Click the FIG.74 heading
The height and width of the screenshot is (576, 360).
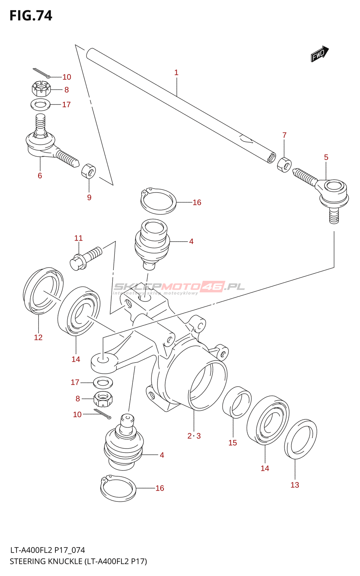coord(31,15)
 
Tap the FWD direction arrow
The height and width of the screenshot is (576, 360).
coord(320,54)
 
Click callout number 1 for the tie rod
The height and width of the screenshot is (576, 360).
coord(176,72)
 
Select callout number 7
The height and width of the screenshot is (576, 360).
coord(284,135)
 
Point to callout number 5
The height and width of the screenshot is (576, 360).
coord(326,157)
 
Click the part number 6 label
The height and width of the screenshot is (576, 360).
coord(40,176)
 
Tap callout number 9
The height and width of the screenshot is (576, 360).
coord(89,197)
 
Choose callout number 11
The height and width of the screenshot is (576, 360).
coord(78,238)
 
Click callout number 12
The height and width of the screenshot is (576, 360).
coord(38,337)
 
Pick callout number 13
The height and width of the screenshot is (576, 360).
coord(295,485)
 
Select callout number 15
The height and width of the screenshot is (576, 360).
coord(233,443)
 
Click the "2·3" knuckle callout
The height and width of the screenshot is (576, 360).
coord(194,436)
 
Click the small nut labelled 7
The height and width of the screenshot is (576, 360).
coord(284,165)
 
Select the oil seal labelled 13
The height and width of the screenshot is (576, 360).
coord(301,439)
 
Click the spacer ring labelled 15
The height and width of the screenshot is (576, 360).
coord(237,402)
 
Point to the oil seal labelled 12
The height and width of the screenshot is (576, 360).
coord(43,291)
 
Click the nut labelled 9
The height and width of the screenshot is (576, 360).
coord(89,171)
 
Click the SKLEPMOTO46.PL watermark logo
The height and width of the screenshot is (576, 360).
coord(179,287)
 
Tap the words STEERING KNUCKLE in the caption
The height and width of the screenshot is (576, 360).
coord(46,561)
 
